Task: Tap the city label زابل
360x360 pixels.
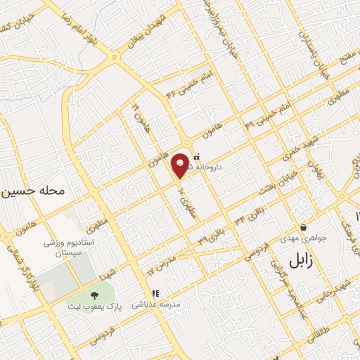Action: (302, 261)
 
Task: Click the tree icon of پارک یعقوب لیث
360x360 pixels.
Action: (95, 293)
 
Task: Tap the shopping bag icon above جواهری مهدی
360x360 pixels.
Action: (303, 227)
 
